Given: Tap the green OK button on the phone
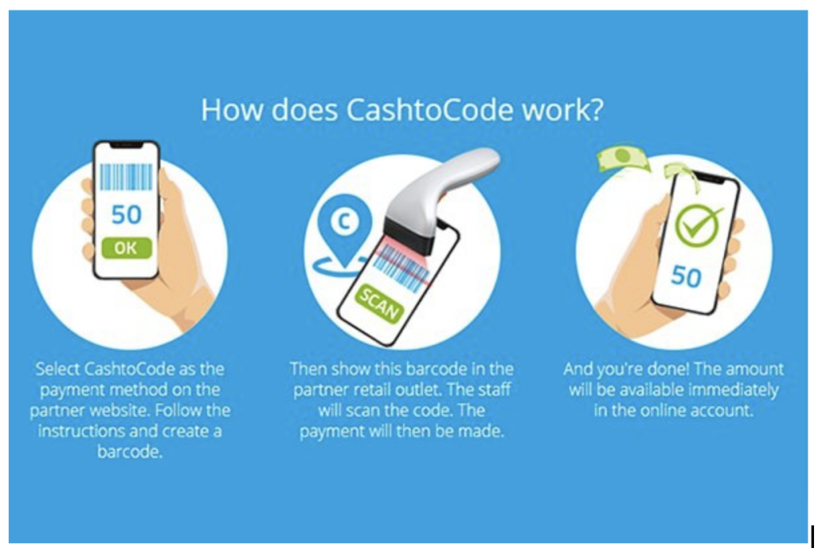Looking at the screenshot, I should [125, 247].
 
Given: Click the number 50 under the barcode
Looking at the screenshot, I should [126, 215].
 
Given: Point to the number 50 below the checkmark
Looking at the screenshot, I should [686, 276].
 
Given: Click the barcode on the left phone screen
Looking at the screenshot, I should [125, 177].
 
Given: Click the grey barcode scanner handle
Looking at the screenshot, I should [450, 174].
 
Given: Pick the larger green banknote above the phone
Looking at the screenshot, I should [622, 157].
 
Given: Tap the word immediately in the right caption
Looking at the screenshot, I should [729, 390].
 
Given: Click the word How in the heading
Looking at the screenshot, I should [228, 109].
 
